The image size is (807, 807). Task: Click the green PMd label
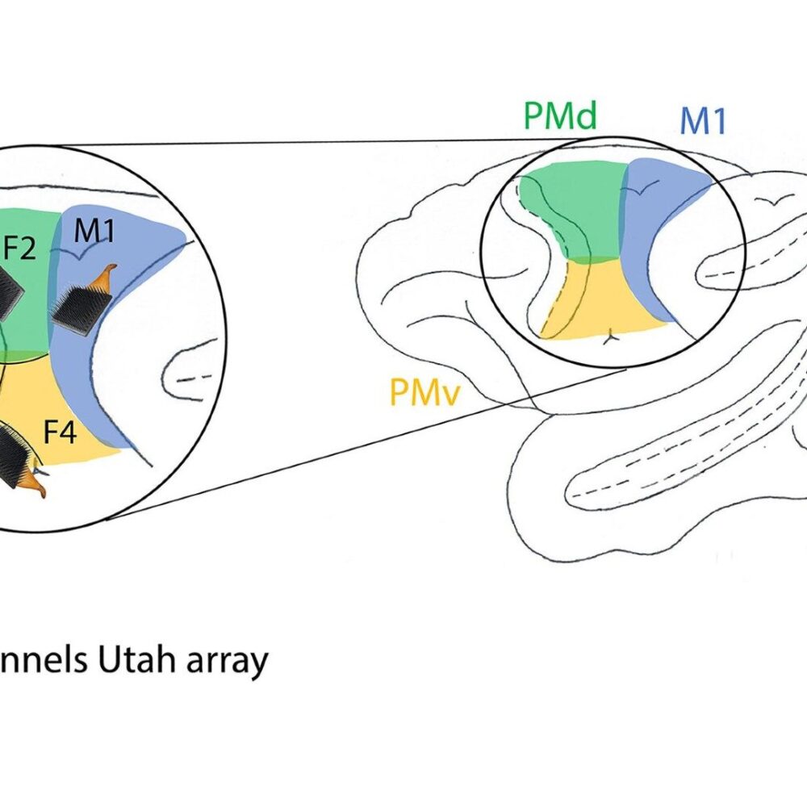click(x=559, y=116)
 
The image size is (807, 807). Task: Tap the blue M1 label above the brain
click(x=703, y=120)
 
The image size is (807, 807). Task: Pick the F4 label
click(x=60, y=433)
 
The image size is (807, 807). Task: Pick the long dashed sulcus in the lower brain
click(x=646, y=468)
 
